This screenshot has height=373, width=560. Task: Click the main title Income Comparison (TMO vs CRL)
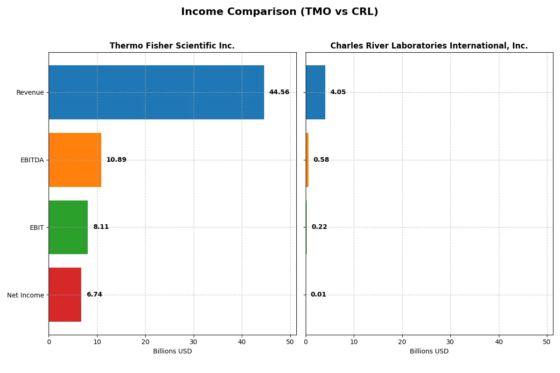point(280,12)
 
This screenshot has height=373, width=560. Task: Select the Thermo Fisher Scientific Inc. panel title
point(172,46)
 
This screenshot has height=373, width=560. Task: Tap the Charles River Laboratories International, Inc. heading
point(429,46)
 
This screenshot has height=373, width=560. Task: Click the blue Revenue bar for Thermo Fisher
point(156,92)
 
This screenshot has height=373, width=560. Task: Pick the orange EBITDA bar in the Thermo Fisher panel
point(75,160)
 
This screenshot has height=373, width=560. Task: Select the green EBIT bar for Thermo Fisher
point(68,227)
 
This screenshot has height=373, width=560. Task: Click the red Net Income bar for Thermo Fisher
point(65,295)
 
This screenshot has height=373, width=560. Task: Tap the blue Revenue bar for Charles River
point(315,92)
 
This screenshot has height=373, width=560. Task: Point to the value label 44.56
point(279,92)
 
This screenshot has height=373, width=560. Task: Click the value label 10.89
point(116,160)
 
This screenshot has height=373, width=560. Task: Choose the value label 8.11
point(101,227)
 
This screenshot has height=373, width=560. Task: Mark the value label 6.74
point(94,295)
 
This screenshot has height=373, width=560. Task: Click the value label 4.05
point(338,92)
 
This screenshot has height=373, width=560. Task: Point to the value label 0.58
point(321,160)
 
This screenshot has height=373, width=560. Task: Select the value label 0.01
point(318,295)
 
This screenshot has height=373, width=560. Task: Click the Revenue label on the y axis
point(30,92)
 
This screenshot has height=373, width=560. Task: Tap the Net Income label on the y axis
point(26,295)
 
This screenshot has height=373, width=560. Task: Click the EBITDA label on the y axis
point(32,160)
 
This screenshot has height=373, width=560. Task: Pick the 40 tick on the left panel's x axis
point(242,342)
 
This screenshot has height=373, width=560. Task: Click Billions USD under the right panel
point(429,352)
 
